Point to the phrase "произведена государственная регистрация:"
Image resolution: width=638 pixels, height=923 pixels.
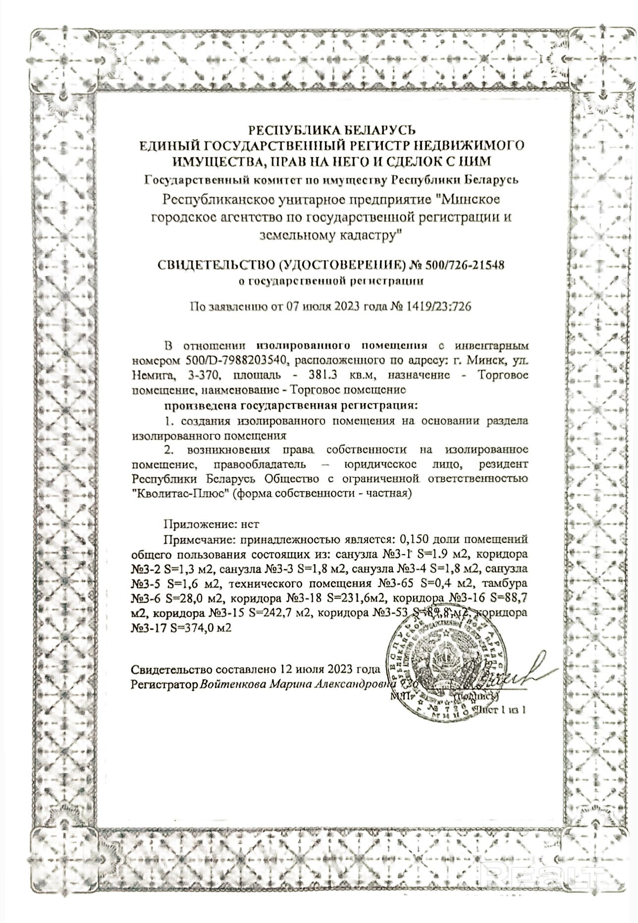click(x=291, y=405)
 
